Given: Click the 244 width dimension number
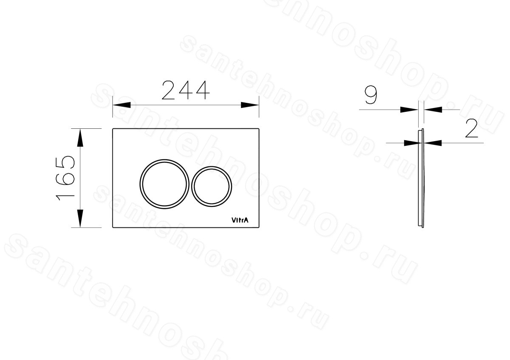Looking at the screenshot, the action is click(186, 90).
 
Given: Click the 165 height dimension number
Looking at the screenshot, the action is click(65, 178).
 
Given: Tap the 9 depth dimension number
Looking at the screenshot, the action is click(371, 95).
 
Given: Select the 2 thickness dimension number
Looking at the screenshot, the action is click(471, 128).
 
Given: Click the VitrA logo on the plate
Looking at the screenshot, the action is click(240, 220).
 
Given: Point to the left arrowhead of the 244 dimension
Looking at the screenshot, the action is click(122, 105).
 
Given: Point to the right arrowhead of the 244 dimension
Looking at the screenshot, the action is click(250, 105).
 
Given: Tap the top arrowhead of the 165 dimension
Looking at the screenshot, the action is click(80, 138).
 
